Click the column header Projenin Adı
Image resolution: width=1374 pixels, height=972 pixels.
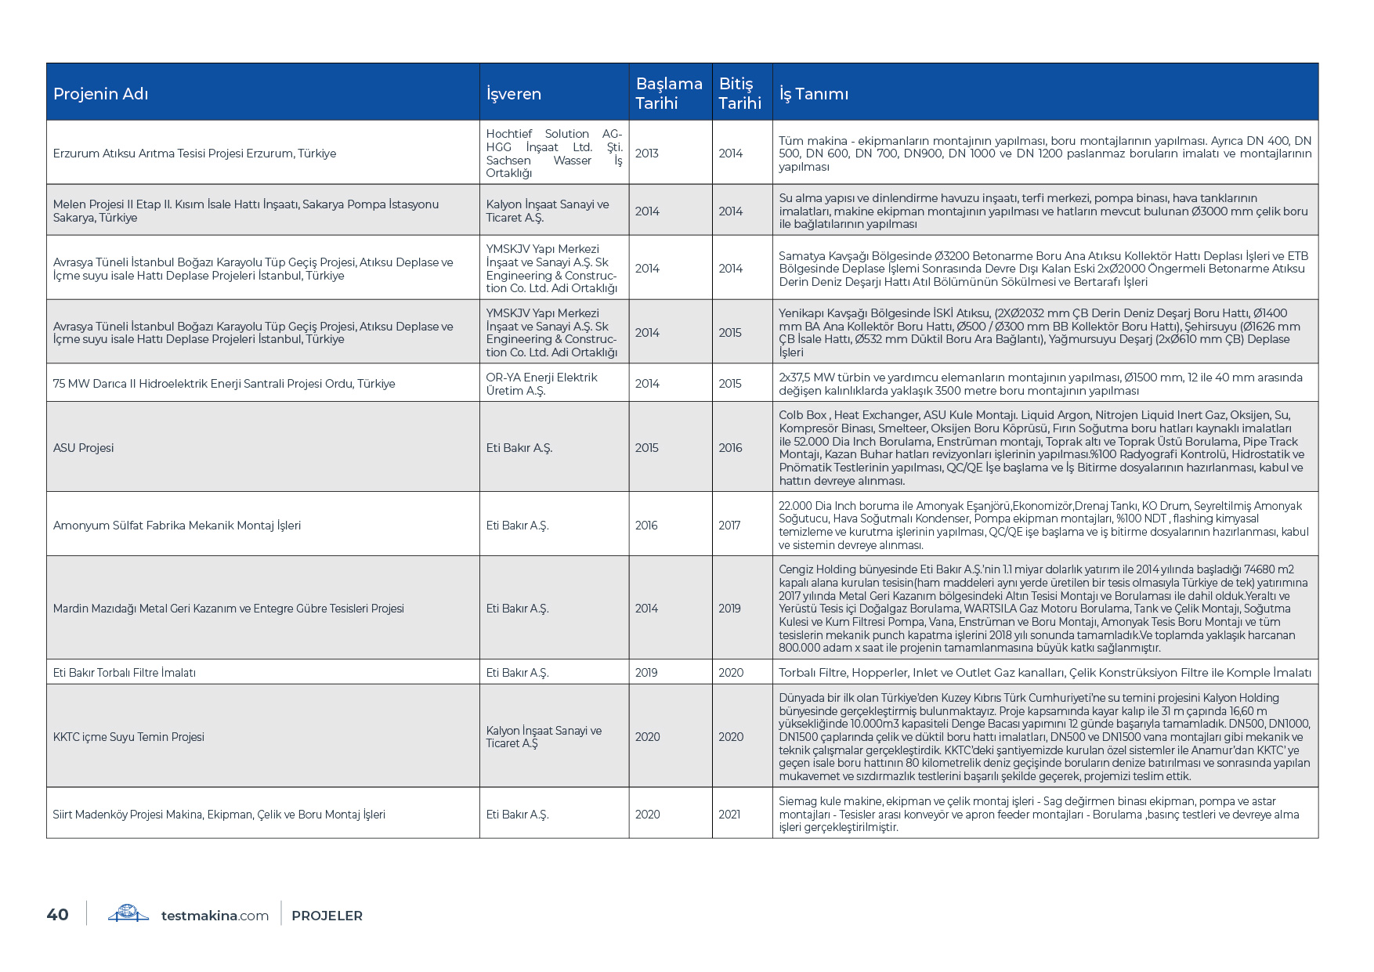[101, 94]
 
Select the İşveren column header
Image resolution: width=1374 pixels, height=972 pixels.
[514, 94]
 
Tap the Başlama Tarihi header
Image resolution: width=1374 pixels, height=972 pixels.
[669, 93]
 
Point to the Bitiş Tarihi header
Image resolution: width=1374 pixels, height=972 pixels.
[740, 93]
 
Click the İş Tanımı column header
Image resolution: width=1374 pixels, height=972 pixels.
[814, 94]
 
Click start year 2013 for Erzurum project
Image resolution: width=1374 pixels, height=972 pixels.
[647, 154]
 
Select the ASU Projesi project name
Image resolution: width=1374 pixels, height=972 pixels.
[84, 448]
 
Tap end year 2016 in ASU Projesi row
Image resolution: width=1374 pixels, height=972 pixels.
[730, 448]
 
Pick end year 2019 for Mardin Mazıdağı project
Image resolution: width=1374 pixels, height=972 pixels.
[729, 609]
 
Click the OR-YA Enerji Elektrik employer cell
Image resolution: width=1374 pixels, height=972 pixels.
[541, 384]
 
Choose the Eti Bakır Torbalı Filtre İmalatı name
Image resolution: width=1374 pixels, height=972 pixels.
[125, 673]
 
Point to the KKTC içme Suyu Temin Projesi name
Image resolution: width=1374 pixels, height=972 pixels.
[128, 737]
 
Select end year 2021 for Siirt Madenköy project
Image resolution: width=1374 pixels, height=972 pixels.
[729, 815]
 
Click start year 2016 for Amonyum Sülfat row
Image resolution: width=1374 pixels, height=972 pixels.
[646, 526]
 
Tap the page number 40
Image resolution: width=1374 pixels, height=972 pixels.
[58, 915]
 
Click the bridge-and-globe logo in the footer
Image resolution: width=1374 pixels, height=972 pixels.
[128, 913]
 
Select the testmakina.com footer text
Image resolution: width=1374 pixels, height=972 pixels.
[215, 916]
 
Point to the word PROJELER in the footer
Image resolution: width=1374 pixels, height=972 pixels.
[327, 916]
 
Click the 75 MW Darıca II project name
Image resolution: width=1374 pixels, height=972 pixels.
[224, 384]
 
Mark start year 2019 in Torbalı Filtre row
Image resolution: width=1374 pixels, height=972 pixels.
[646, 673]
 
